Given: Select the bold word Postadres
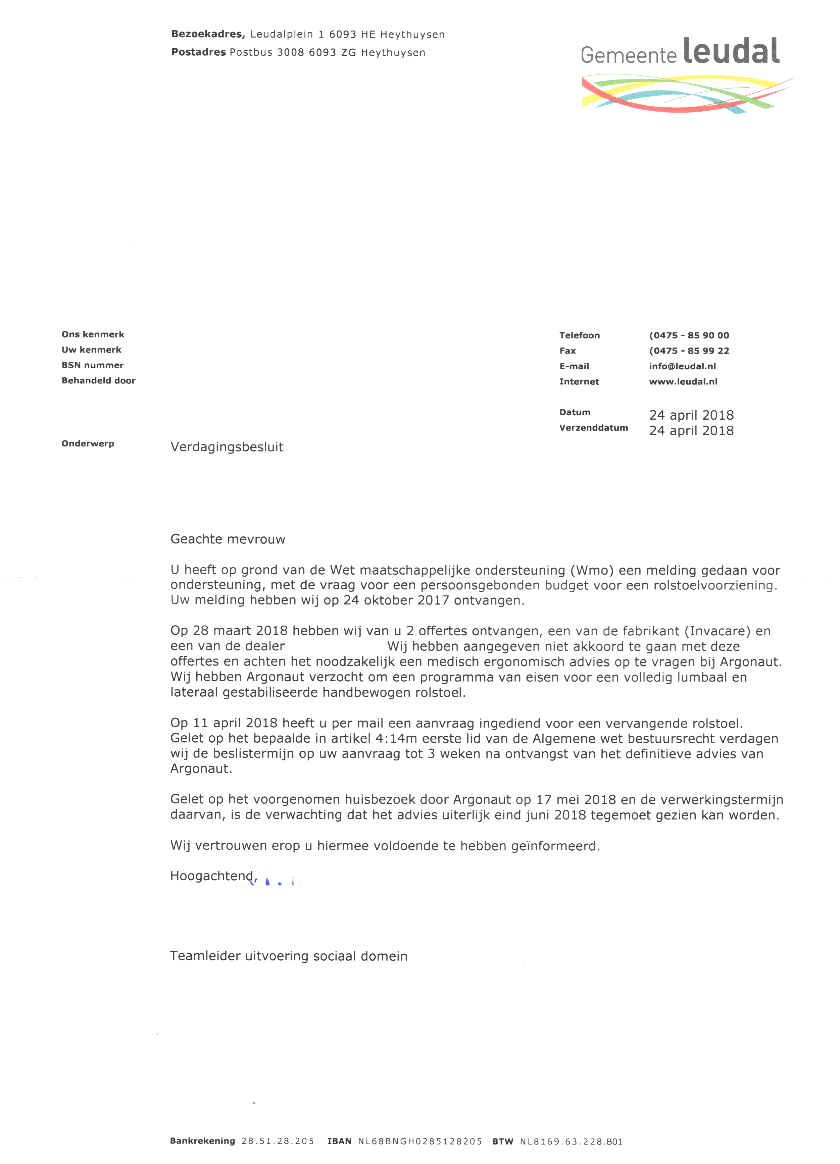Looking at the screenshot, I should point(198,52).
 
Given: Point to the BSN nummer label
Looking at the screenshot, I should point(92,365).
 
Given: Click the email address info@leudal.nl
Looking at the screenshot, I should point(682,366).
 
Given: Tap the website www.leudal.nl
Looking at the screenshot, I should point(683,382).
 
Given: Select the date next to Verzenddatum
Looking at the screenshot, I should point(691,431).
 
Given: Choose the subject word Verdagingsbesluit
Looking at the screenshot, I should point(227,447).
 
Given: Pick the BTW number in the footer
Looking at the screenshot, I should point(571,1142).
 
